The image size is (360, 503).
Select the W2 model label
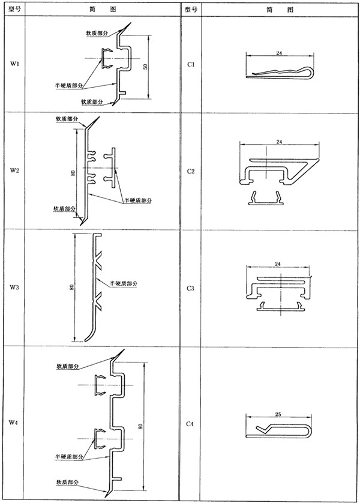point(14,170)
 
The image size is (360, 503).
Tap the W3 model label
point(14,288)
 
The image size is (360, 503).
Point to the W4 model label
point(14,423)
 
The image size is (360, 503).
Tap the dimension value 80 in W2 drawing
point(73,172)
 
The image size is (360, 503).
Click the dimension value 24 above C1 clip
point(279,53)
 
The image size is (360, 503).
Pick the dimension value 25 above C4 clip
point(279,414)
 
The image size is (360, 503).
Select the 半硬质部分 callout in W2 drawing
point(138,199)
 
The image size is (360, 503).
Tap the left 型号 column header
point(14,8)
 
